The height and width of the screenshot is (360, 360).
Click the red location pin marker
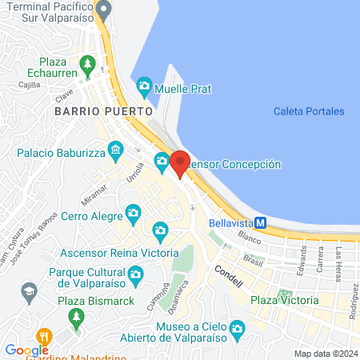pos(180,162)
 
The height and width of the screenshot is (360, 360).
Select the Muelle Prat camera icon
pos(145,85)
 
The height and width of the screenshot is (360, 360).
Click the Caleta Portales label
pos(308,111)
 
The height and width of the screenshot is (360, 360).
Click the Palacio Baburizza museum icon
pos(117,150)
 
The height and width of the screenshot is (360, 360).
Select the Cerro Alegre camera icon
pos(132,213)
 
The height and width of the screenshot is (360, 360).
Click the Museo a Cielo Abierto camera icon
pos(236,328)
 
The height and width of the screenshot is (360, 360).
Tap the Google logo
pos(26,350)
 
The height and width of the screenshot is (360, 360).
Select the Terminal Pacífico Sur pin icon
pos(103,10)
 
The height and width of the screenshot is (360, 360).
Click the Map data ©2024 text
pos(325,354)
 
